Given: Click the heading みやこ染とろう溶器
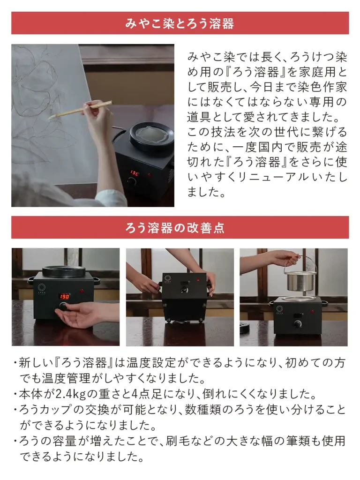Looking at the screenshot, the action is pyautogui.click(x=180, y=23).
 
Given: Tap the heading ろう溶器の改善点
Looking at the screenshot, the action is pyautogui.click(x=175, y=228).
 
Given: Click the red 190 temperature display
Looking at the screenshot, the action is pyautogui.click(x=64, y=296).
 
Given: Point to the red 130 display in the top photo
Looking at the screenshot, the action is pyautogui.click(x=135, y=173).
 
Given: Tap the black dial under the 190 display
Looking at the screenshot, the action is pyautogui.click(x=64, y=307).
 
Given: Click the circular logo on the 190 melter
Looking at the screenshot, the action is pyautogui.click(x=41, y=287).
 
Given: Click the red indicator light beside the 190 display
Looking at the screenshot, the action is pyautogui.click(x=82, y=291).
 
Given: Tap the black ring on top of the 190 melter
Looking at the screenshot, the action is pyautogui.click(x=64, y=270).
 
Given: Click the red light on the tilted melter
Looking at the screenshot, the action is pyautogui.click(x=198, y=280).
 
